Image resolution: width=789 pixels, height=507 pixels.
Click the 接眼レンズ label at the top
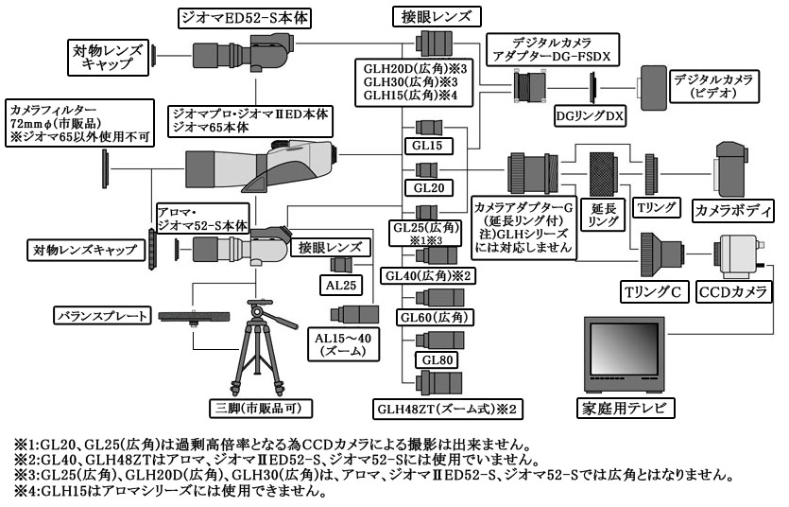(437, 16)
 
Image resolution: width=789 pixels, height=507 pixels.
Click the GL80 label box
(439, 360)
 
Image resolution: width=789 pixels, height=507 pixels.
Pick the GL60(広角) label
(436, 317)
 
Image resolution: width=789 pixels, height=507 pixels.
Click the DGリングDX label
(590, 114)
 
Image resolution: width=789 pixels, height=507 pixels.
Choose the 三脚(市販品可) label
(260, 408)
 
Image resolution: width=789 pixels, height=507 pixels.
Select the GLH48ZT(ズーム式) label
(447, 409)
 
